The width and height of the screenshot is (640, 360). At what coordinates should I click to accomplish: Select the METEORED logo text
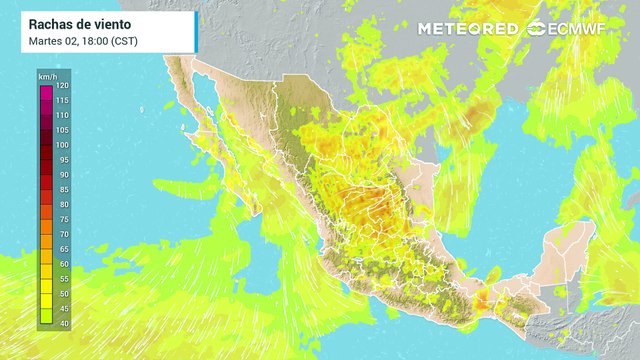click(468, 28)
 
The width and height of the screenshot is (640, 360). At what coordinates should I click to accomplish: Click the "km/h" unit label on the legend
click(46, 77)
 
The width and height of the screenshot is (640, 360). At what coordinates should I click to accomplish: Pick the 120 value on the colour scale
click(62, 88)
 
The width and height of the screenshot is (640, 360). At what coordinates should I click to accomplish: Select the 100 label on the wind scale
click(62, 145)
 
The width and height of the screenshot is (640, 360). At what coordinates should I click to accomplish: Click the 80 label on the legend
click(62, 204)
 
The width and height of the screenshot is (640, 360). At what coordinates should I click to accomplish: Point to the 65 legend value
click(62, 248)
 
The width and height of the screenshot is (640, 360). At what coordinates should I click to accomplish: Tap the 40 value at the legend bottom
click(62, 322)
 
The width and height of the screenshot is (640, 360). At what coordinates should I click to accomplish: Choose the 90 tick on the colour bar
click(62, 174)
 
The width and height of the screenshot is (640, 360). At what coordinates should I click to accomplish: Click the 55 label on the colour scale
click(62, 278)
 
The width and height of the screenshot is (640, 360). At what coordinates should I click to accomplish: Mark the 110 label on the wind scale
click(62, 116)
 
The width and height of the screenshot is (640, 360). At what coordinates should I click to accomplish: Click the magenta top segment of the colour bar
click(45, 91)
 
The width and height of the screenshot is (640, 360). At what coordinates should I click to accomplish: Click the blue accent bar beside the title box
click(194, 32)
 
